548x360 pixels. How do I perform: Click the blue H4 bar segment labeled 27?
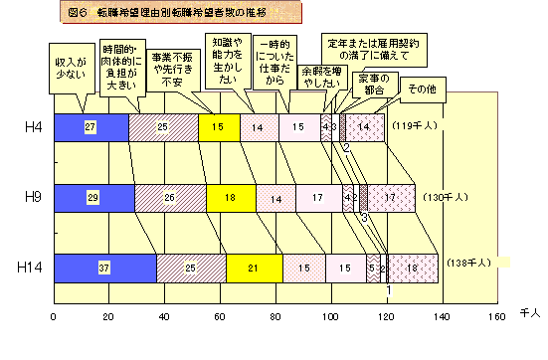pos(91,126)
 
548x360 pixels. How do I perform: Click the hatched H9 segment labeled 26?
pos(170,197)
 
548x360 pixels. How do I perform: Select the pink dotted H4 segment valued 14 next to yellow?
pos(257,126)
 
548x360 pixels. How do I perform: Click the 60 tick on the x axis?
pos(220,317)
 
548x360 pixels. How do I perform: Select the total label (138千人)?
pos(464,265)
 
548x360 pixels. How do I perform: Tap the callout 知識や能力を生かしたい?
pos(229,62)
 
